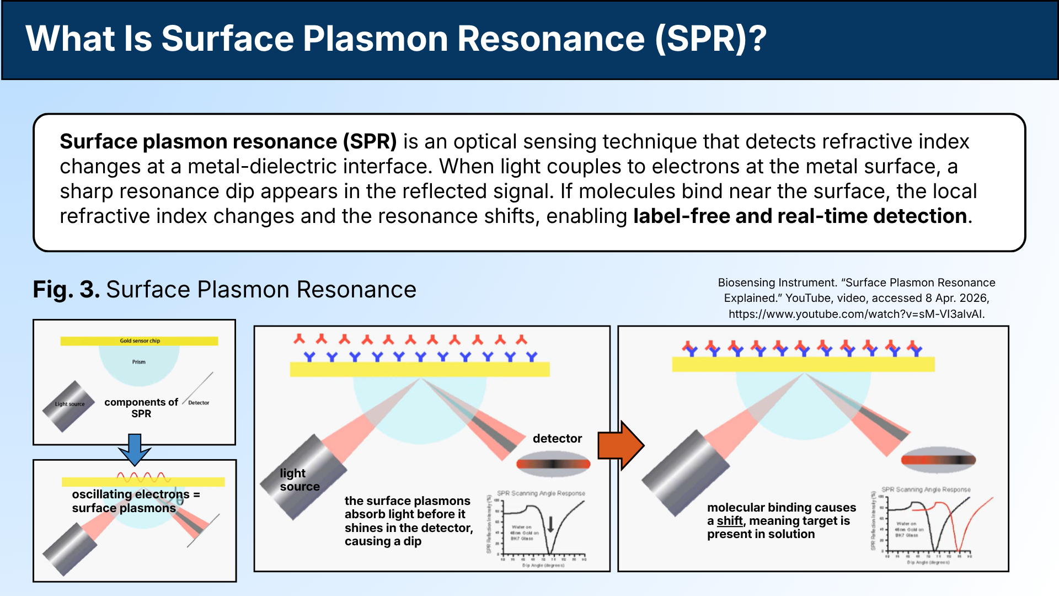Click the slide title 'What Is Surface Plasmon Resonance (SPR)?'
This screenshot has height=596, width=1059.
[396, 39]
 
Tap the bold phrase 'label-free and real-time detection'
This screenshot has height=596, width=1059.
[800, 216]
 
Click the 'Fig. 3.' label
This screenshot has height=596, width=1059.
[66, 290]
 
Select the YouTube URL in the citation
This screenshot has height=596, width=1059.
[856, 314]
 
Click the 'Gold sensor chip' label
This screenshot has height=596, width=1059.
[140, 341]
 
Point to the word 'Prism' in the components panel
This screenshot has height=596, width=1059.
[138, 362]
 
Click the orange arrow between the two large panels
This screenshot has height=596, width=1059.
[621, 445]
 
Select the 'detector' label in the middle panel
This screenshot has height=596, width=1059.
[557, 439]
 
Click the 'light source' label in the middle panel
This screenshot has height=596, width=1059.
[299, 480]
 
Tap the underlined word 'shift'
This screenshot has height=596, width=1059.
[729, 521]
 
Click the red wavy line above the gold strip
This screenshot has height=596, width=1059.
[142, 477]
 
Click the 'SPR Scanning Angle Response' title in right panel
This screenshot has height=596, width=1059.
[926, 489]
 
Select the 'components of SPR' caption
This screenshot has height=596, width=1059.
[141, 408]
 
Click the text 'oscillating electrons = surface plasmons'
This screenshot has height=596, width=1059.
[135, 501]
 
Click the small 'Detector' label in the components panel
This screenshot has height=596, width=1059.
[199, 403]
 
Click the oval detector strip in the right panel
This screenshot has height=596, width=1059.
[938, 460]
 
